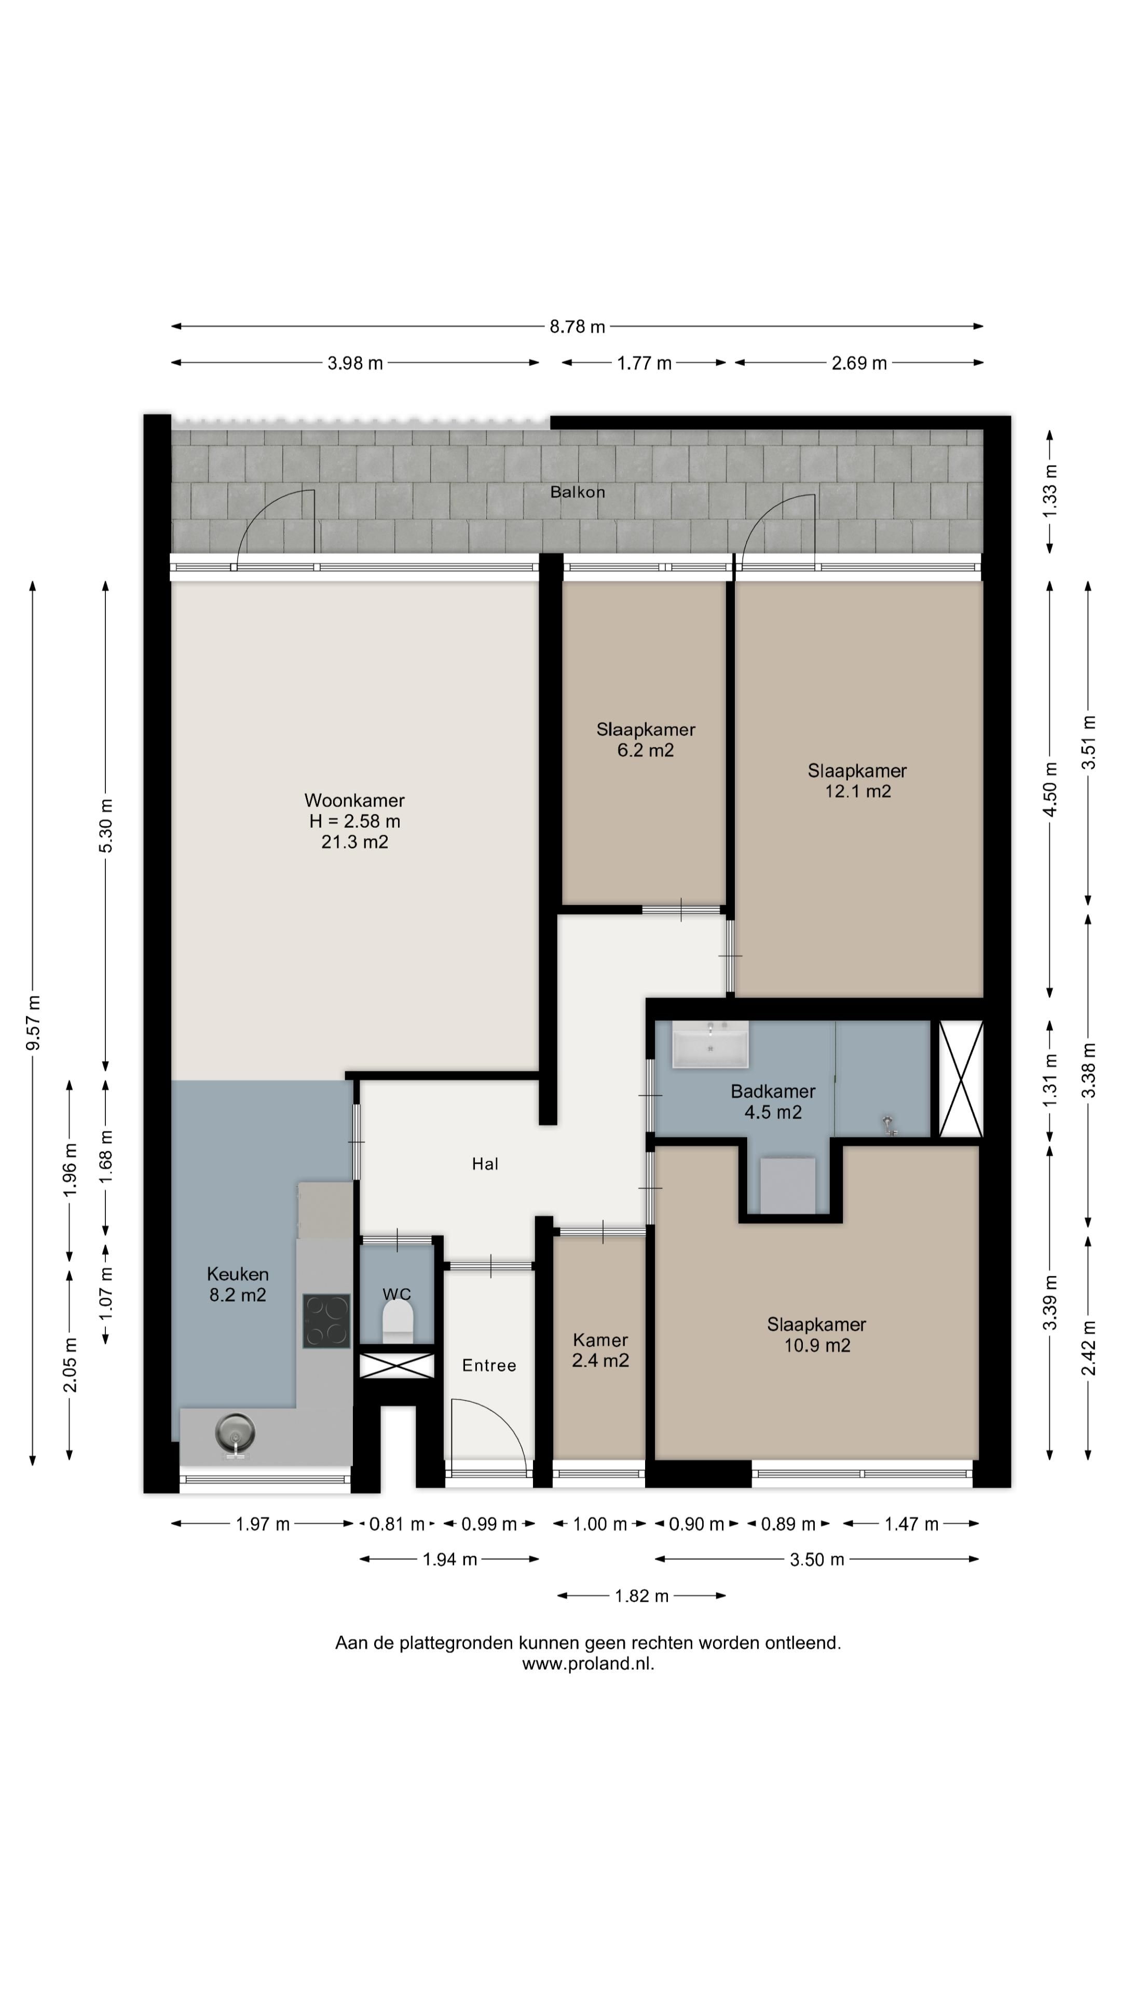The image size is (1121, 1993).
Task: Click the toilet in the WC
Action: (398, 1321)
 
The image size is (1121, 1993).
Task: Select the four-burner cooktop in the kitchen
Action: (326, 1321)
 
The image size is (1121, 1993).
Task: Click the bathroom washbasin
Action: (709, 1044)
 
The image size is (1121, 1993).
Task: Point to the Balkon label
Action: (577, 492)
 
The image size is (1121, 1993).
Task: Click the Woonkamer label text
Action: (354, 800)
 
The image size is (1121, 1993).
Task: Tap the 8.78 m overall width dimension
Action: (577, 326)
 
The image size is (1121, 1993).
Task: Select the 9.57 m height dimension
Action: (33, 1023)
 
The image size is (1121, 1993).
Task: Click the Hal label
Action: (485, 1164)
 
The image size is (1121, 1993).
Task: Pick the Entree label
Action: (489, 1366)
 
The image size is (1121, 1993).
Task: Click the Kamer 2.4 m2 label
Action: (600, 1350)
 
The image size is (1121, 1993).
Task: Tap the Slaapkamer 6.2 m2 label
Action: (645, 740)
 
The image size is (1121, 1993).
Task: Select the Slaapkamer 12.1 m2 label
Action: (857, 781)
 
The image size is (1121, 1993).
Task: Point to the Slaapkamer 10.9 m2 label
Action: (817, 1334)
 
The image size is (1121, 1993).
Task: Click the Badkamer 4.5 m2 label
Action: (773, 1102)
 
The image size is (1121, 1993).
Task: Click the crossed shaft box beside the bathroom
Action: (961, 1079)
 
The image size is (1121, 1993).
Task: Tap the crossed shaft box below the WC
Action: (397, 1366)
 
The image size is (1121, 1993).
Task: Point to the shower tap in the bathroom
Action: (889, 1124)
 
